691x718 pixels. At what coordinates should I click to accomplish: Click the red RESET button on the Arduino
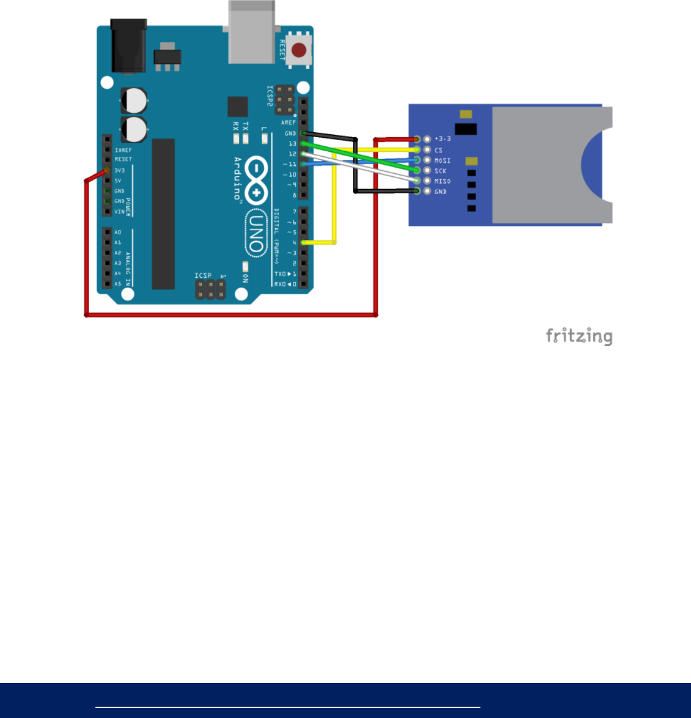[x=299, y=50]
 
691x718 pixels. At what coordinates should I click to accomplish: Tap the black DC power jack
[x=129, y=46]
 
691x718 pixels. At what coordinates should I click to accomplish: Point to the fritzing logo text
[x=579, y=336]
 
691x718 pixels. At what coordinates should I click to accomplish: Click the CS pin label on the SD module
[x=439, y=150]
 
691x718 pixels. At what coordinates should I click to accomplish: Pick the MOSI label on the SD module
[x=443, y=161]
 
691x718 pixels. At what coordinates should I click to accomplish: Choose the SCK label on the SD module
[x=440, y=171]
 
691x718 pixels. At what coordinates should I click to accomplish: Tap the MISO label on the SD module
[x=443, y=181]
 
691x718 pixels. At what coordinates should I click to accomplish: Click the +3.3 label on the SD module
[x=443, y=139]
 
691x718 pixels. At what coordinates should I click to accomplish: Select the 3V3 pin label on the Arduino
[x=120, y=170]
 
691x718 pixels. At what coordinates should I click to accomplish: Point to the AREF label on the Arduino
[x=288, y=122]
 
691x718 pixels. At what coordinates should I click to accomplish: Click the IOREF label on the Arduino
[x=123, y=150]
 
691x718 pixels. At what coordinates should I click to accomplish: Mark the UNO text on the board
[x=256, y=232]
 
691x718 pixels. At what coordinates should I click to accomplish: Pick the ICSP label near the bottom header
[x=203, y=275]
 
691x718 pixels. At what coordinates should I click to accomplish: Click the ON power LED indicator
[x=245, y=266]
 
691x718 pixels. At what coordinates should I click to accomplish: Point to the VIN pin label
[x=119, y=212]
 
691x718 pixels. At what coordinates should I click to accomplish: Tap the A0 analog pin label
[x=118, y=232]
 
